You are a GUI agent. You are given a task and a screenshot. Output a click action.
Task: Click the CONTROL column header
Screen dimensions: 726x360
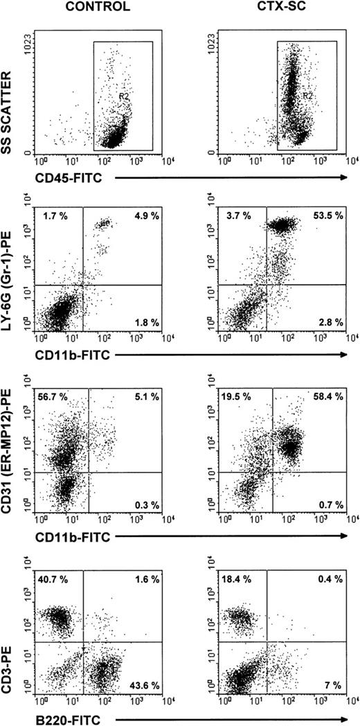click(x=96, y=8)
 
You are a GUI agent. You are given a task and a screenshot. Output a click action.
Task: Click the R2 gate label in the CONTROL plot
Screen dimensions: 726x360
click(x=124, y=98)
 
